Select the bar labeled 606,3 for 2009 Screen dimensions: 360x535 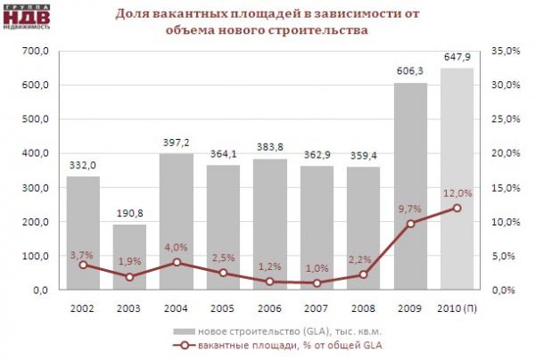coord(410,186)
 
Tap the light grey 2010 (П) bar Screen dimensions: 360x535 coord(457,178)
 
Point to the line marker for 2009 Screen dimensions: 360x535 coord(410,223)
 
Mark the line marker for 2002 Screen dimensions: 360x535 coord(83,265)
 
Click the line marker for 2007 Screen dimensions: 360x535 coord(317,282)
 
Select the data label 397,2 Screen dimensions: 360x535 coord(176,143)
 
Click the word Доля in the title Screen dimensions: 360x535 coord(134,15)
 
